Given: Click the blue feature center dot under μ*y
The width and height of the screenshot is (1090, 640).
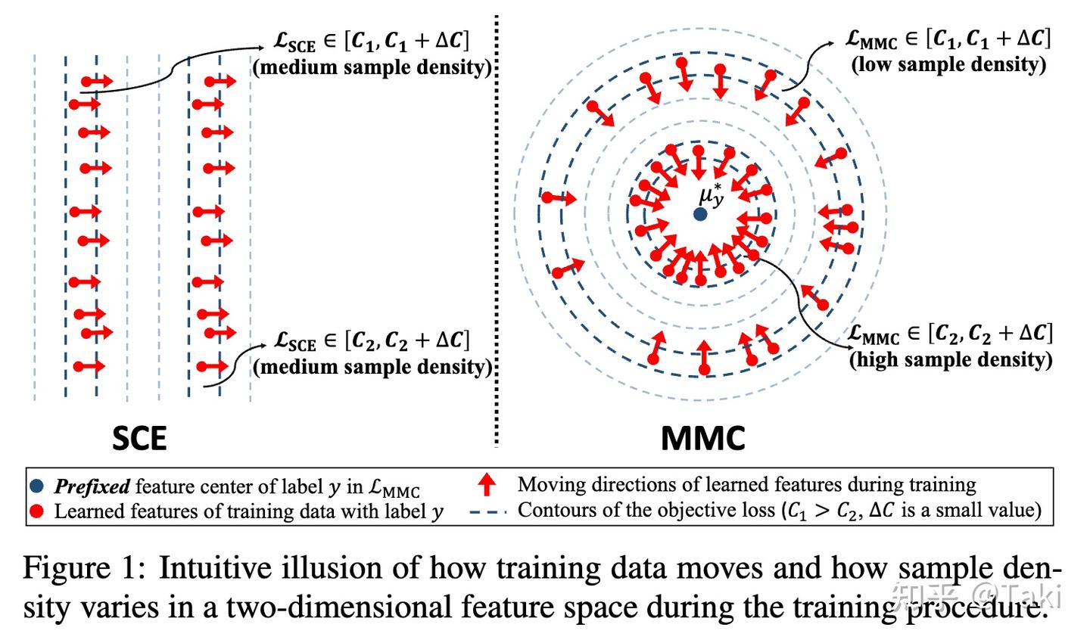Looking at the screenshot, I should tap(700, 214).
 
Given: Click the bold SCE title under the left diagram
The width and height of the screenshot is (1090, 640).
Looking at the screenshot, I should tap(139, 438).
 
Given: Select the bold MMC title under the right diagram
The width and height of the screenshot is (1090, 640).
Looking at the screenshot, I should tap(702, 438).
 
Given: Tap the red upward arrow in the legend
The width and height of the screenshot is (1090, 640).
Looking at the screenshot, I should tap(488, 484).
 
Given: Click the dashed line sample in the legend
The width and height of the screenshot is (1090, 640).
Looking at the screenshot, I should tap(488, 511).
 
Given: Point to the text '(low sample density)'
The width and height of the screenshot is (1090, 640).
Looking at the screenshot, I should tap(948, 64).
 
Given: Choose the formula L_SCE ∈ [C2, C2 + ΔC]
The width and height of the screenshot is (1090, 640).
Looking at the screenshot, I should tap(372, 341).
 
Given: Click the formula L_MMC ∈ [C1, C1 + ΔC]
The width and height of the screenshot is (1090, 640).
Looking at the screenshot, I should tap(948, 39).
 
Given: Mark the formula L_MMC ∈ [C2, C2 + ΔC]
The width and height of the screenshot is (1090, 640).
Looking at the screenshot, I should tap(951, 334).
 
